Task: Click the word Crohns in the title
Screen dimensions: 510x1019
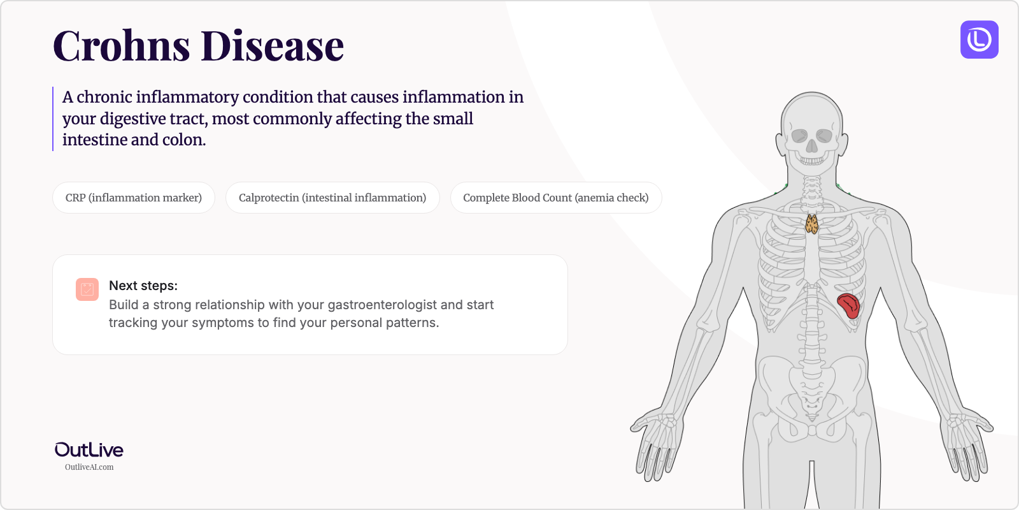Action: pos(121,46)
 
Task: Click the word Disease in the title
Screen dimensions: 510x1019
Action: pos(273,46)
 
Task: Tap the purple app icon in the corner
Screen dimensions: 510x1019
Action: pos(979,40)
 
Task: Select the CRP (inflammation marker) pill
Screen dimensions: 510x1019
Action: pos(134,198)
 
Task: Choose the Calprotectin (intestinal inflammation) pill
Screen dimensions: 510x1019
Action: pos(332,198)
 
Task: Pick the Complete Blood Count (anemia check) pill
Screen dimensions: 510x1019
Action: pos(555,198)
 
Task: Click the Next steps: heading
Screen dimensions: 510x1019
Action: pos(143,286)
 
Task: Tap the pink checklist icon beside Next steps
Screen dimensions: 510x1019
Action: pos(87,289)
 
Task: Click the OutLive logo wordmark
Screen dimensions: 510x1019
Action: pos(89,450)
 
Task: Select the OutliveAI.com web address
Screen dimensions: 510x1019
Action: pos(89,467)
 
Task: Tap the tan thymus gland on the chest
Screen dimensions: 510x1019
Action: pos(811,224)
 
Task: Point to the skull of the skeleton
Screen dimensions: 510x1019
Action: pos(811,127)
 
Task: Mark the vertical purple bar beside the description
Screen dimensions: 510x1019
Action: pos(53,119)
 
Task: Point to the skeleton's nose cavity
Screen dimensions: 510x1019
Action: pos(811,146)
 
